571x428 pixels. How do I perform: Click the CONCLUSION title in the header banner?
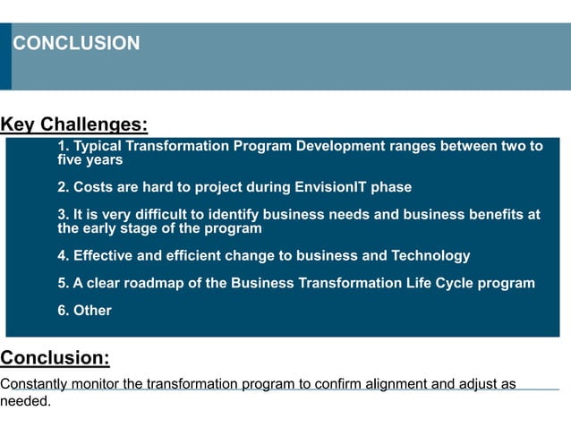pyautogui.click(x=76, y=43)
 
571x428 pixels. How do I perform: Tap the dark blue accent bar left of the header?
pyautogui.click(x=5, y=56)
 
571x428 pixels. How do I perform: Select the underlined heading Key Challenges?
pyautogui.click(x=73, y=124)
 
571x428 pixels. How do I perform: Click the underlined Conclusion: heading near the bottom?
pyautogui.click(x=55, y=358)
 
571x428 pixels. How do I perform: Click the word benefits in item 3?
pyautogui.click(x=508, y=214)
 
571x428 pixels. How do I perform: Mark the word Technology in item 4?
pyautogui.click(x=425, y=256)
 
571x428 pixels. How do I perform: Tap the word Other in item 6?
pyautogui.click(x=92, y=311)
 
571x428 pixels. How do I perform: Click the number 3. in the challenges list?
pyautogui.click(x=63, y=214)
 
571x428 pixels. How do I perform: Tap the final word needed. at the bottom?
pyautogui.click(x=25, y=400)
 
